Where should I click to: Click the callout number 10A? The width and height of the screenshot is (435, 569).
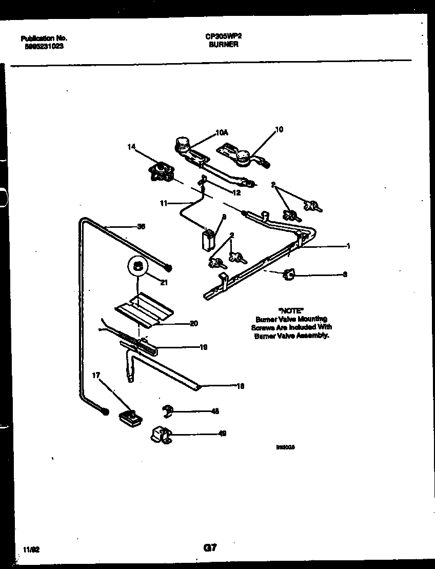point(222,133)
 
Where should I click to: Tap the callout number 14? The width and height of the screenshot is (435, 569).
point(132,147)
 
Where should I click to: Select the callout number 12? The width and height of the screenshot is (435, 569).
point(236,193)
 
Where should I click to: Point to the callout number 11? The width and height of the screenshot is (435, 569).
point(164,203)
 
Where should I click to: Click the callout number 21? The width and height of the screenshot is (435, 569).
point(164,282)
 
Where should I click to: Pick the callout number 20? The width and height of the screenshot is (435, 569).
point(193,323)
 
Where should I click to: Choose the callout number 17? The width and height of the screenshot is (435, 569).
point(96,376)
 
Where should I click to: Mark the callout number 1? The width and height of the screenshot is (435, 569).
point(348,246)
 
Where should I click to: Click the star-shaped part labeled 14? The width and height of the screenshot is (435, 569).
point(162,172)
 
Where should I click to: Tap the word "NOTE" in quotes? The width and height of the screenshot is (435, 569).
point(291,310)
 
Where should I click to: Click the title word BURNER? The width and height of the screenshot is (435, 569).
point(223,45)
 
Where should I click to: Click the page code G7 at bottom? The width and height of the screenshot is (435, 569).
point(210,548)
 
